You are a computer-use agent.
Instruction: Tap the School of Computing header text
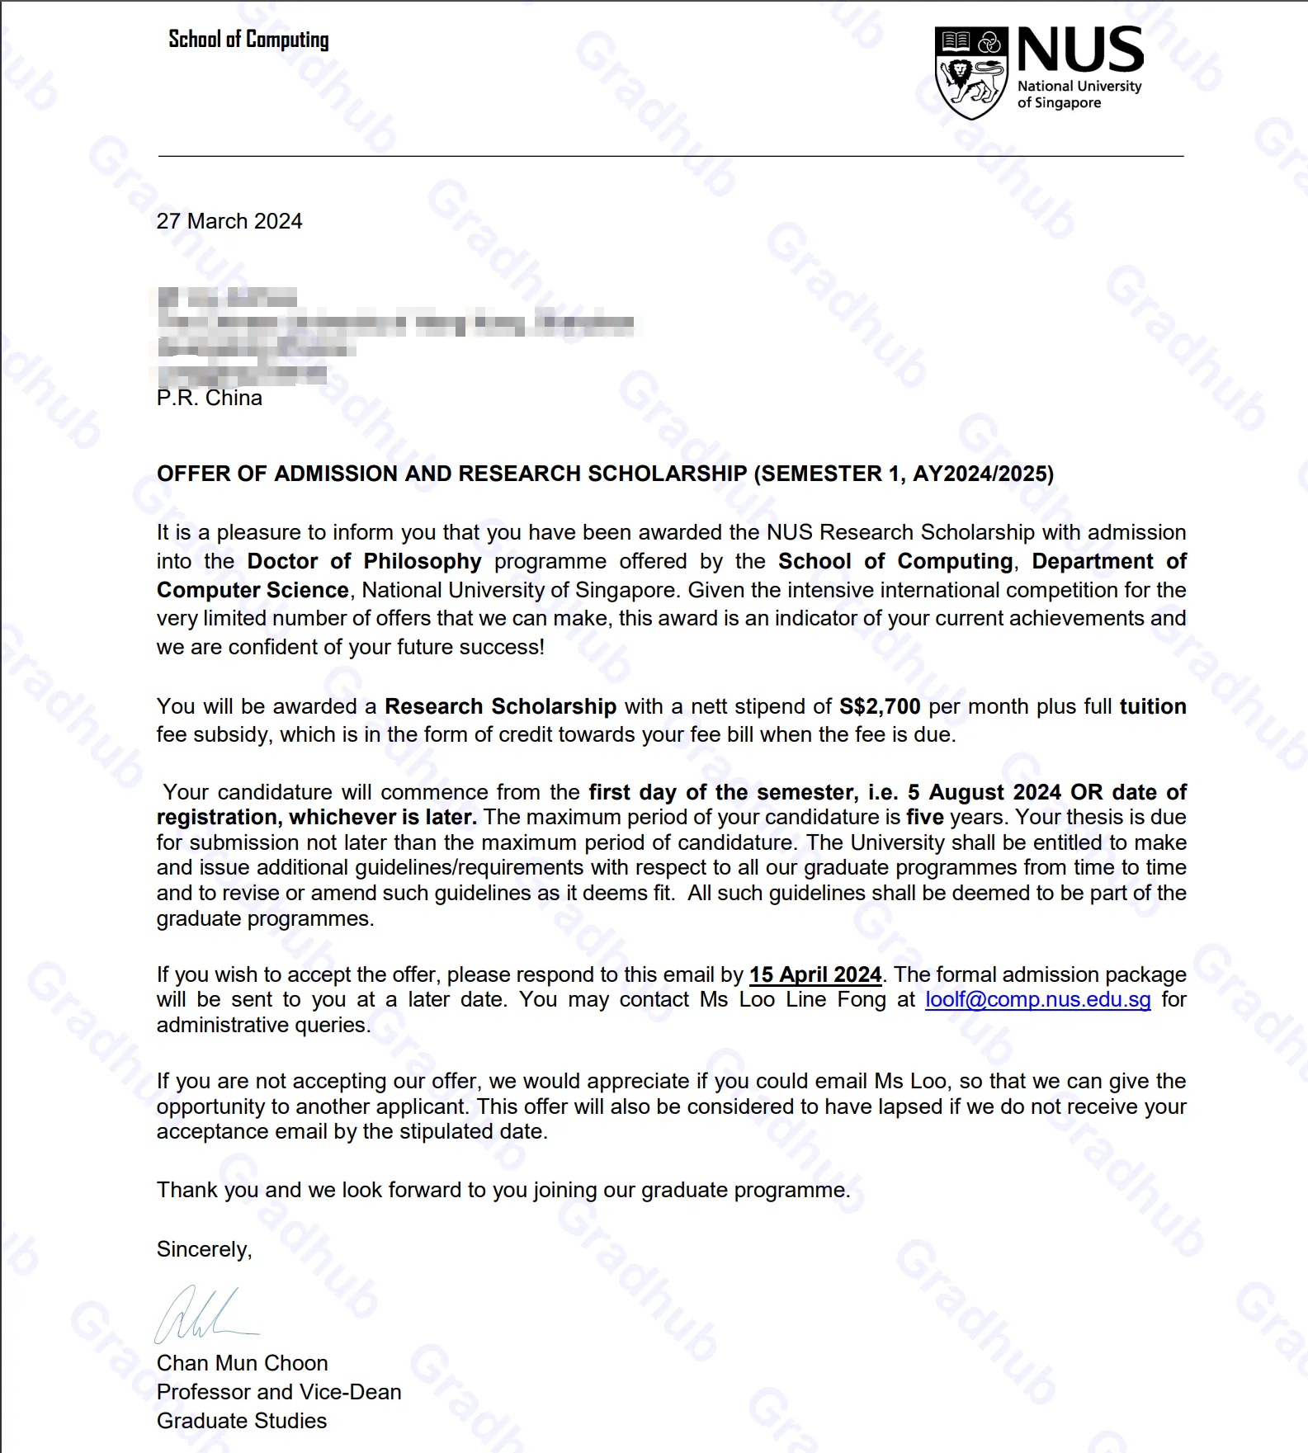[248, 40]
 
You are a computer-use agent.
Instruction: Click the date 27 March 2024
[229, 221]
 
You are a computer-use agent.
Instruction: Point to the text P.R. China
[210, 399]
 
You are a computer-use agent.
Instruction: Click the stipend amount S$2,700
[879, 706]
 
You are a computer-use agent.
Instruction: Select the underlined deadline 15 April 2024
[815, 974]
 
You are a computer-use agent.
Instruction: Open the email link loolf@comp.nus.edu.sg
[1037, 1000]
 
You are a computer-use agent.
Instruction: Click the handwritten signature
[202, 1315]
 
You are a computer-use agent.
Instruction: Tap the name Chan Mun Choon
[242, 1363]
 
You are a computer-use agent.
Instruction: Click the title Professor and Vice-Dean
[279, 1392]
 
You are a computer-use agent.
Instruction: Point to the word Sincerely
[204, 1249]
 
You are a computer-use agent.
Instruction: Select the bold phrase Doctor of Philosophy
[364, 561]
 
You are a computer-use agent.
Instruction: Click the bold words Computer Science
[253, 590]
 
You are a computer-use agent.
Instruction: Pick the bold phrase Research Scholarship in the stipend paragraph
[500, 706]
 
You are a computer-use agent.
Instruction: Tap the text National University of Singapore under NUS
[1079, 94]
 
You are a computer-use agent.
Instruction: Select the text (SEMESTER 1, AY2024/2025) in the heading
[904, 474]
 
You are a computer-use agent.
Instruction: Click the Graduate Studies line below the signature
[242, 1421]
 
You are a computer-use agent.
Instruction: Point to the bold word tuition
[1152, 706]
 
